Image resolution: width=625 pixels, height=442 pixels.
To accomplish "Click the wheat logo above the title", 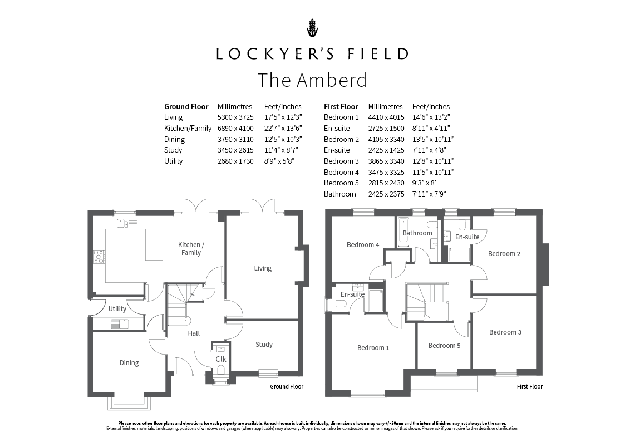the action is click(313, 28).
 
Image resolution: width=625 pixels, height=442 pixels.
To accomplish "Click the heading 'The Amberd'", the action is click(312, 80).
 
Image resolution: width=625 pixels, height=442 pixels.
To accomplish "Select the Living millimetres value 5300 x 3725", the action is click(235, 117).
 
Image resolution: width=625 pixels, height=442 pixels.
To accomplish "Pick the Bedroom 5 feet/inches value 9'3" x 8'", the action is click(424, 183).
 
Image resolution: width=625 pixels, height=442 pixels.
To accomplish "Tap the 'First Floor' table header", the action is click(341, 106).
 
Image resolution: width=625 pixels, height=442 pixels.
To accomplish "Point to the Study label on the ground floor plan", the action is click(264, 345).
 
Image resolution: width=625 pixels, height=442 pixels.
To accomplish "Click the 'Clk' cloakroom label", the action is click(221, 359).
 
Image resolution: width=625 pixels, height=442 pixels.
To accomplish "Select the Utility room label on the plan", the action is click(117, 309).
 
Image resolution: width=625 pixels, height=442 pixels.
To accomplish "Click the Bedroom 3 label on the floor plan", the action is click(505, 332).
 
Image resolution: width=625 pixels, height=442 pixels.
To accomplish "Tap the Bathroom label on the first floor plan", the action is click(417, 233).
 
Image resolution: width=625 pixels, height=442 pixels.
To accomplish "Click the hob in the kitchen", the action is click(99, 257).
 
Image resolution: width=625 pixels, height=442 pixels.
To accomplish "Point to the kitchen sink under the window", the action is click(127, 223).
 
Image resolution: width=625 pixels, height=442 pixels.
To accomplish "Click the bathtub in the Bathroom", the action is click(403, 232).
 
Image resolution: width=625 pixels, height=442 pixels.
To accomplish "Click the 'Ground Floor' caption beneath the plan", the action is click(287, 386).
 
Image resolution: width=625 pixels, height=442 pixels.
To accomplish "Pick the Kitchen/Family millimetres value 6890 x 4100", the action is click(235, 129).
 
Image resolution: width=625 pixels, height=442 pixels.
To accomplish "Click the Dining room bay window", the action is click(130, 403).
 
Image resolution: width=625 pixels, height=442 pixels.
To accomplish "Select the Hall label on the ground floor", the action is click(194, 333).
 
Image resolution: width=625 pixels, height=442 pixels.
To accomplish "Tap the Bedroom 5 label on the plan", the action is click(444, 346).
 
